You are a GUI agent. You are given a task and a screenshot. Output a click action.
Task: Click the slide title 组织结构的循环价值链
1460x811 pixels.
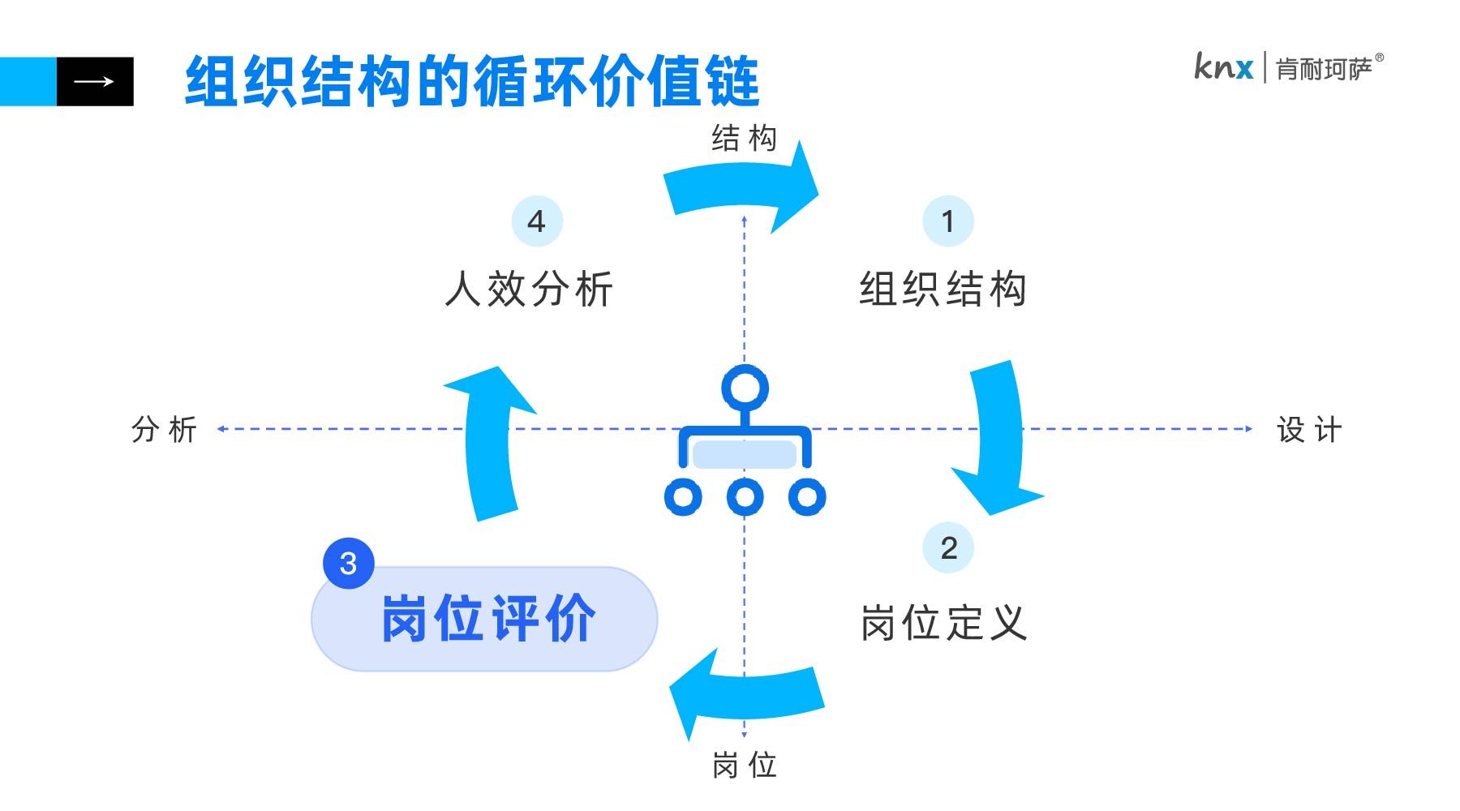click(x=471, y=81)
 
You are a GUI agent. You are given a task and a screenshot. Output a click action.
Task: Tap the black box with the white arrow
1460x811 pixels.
click(x=95, y=81)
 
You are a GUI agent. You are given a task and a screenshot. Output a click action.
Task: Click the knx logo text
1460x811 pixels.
click(x=1223, y=67)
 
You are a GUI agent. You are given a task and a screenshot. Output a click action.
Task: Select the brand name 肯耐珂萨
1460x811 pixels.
click(x=1324, y=69)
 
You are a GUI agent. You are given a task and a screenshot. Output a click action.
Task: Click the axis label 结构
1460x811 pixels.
click(x=744, y=139)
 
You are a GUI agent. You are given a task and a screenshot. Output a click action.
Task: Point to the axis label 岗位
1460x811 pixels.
click(x=744, y=765)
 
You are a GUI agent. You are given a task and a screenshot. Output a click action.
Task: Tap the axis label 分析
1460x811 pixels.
click(x=164, y=429)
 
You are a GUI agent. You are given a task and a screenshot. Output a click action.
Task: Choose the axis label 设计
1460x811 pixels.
click(x=1309, y=430)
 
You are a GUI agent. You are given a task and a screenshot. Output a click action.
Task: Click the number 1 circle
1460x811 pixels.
click(x=947, y=221)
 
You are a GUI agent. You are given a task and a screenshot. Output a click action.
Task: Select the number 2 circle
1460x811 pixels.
click(x=947, y=547)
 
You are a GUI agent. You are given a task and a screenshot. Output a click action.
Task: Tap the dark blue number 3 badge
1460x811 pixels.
click(x=348, y=563)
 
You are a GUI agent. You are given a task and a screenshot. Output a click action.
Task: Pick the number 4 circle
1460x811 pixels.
click(x=536, y=221)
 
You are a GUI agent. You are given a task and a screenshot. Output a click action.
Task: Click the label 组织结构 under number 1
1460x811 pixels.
click(x=943, y=289)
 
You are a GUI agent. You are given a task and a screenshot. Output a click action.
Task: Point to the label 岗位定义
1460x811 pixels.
click(x=943, y=623)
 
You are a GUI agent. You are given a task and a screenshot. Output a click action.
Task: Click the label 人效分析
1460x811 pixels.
click(x=529, y=289)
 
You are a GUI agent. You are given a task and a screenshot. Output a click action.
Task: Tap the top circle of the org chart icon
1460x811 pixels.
click(x=744, y=388)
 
